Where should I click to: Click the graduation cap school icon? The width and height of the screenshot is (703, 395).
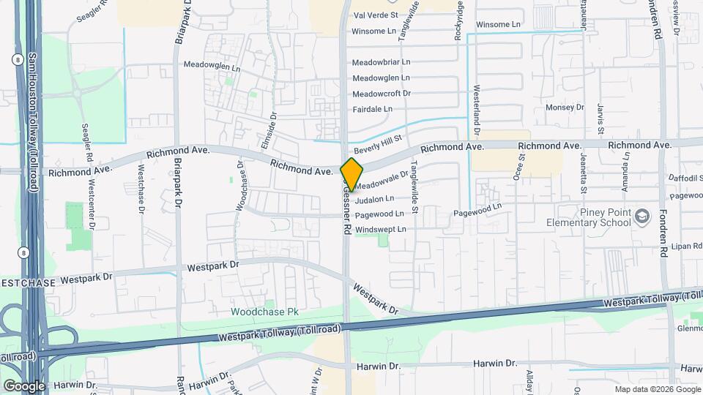click(642, 217)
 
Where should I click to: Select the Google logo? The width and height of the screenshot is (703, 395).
click(24, 385)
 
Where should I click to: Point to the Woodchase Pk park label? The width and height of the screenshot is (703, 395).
click(265, 312)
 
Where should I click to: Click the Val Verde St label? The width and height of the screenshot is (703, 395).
click(375, 15)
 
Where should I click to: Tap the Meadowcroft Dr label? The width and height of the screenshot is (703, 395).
click(382, 94)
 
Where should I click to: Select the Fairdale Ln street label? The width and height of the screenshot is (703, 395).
click(373, 109)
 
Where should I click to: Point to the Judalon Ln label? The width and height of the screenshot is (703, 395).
click(374, 198)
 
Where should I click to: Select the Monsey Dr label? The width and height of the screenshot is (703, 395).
click(565, 107)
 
